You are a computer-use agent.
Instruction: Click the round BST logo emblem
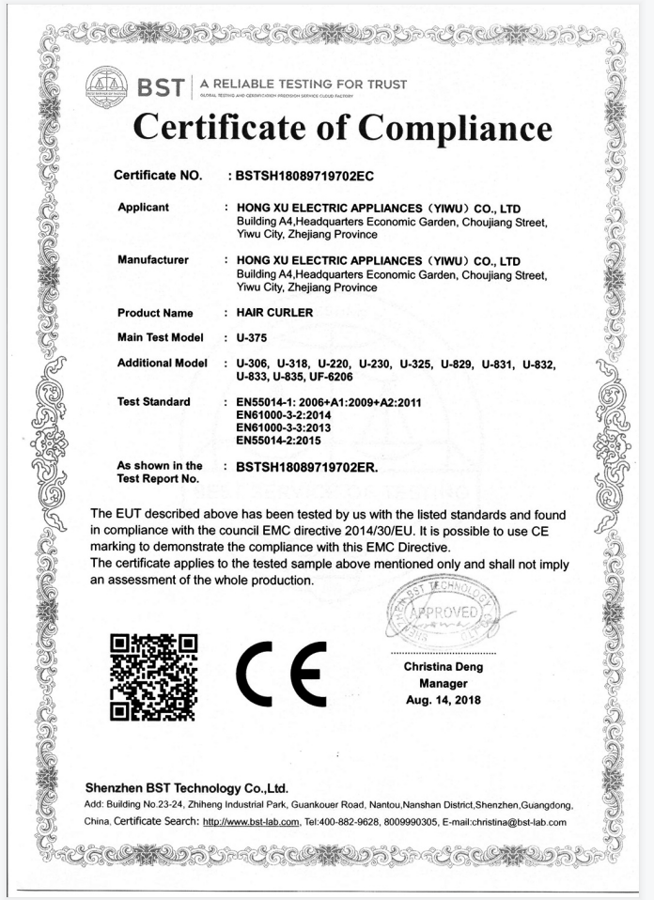(x=106, y=86)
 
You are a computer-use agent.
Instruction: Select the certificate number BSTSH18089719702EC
(x=307, y=176)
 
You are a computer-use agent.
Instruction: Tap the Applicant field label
(x=143, y=207)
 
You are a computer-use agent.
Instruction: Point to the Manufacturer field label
(x=152, y=259)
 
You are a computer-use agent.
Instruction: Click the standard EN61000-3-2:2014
(x=290, y=413)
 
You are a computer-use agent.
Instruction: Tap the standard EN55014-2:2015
(x=290, y=439)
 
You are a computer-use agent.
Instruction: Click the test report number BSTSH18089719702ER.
(x=307, y=466)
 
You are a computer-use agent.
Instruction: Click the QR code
(x=153, y=676)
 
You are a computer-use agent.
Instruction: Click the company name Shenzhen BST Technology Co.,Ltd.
(x=186, y=787)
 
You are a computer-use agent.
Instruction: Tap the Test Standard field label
(x=153, y=401)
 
